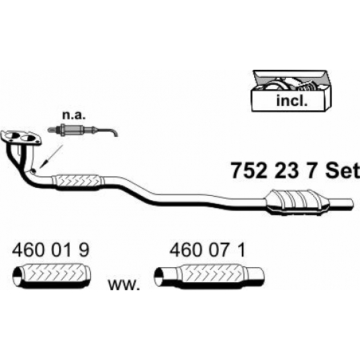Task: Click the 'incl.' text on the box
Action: [x=292, y=101]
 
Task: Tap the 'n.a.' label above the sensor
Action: [x=73, y=115]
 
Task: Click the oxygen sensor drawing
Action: [x=83, y=130]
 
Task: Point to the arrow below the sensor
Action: [x=51, y=156]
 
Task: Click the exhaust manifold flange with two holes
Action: [x=21, y=138]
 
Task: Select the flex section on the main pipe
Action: [x=78, y=182]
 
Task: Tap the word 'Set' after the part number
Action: [x=343, y=171]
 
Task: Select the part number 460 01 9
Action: [x=50, y=251]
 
